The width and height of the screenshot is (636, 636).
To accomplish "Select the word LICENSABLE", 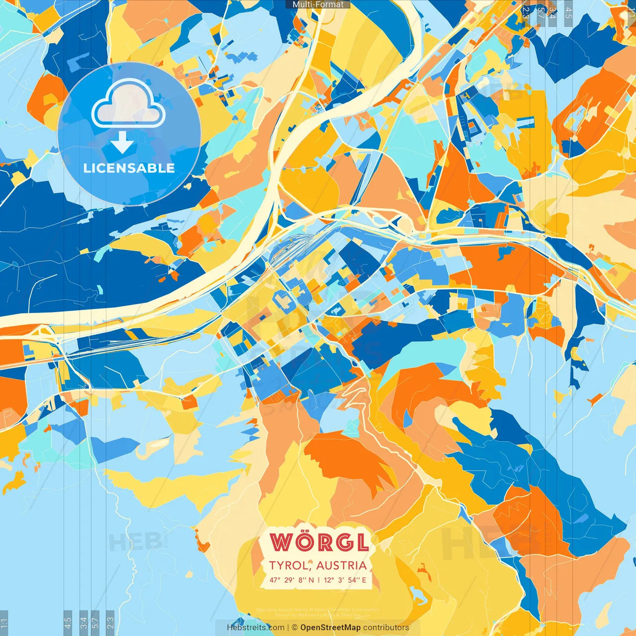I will [x=129, y=168].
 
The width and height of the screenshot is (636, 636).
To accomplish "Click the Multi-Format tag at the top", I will [x=318, y=4].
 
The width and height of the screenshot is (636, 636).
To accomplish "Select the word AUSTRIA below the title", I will [x=341, y=565].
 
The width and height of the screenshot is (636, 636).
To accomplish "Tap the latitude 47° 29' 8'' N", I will [x=292, y=580].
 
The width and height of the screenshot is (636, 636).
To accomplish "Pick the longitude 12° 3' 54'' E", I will [x=345, y=580].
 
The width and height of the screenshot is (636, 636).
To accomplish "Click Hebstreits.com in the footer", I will [x=255, y=628].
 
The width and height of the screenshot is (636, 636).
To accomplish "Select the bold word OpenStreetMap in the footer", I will [x=330, y=628].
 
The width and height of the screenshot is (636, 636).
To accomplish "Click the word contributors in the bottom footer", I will [x=386, y=628].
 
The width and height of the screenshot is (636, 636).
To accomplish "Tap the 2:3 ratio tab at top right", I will [x=526, y=13].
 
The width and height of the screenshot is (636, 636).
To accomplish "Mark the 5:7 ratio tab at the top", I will [x=541, y=13].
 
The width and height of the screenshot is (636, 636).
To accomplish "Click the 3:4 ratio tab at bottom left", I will [x=83, y=622].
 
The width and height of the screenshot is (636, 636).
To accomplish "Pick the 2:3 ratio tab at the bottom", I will [x=110, y=622].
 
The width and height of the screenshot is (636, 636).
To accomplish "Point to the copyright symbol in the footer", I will [x=294, y=628].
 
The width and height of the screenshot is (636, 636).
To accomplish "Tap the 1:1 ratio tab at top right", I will [x=631, y=12].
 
